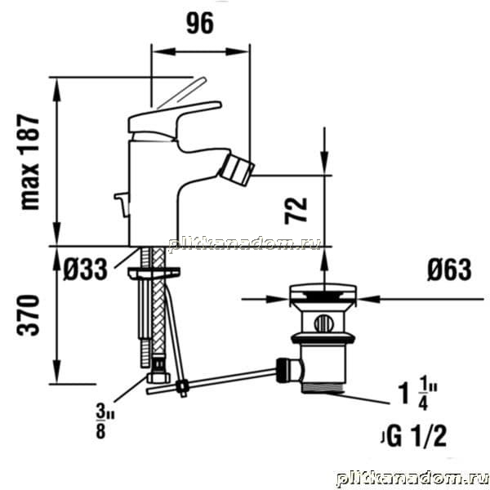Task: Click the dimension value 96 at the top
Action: tap(200, 23)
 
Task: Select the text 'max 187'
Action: tap(30, 163)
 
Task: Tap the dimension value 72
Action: tap(296, 211)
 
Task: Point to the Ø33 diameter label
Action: tap(85, 269)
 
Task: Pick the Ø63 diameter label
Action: tap(449, 269)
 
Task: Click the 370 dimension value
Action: tap(29, 315)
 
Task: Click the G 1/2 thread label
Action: tap(415, 436)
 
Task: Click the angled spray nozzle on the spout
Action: tap(237, 171)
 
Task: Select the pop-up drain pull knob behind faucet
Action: tap(122, 203)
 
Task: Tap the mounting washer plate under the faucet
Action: tap(154, 273)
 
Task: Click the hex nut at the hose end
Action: tap(158, 377)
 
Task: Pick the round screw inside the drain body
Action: tap(323, 323)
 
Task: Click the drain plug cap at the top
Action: tap(323, 292)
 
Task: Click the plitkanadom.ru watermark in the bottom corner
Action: tap(412, 478)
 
